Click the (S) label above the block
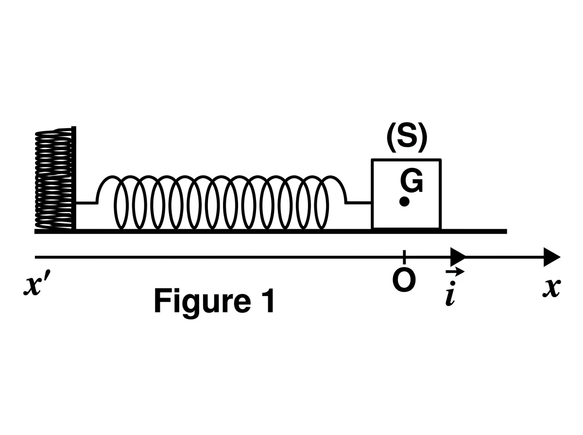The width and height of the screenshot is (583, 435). tap(407, 138)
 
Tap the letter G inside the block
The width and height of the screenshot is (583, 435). tap(411, 181)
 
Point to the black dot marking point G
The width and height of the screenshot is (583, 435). tap(404, 201)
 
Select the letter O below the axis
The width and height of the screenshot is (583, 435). tap(404, 281)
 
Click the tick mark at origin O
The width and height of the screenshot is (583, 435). tap(404, 257)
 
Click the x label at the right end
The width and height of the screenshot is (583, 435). tap(551, 288)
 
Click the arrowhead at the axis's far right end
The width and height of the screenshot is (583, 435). tap(552, 257)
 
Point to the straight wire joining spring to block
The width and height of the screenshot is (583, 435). tap(359, 203)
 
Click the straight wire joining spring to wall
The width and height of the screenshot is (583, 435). tap(86, 203)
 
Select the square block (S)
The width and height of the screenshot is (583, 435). tap(406, 194)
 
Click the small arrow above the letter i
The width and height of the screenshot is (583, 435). tap(455, 272)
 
